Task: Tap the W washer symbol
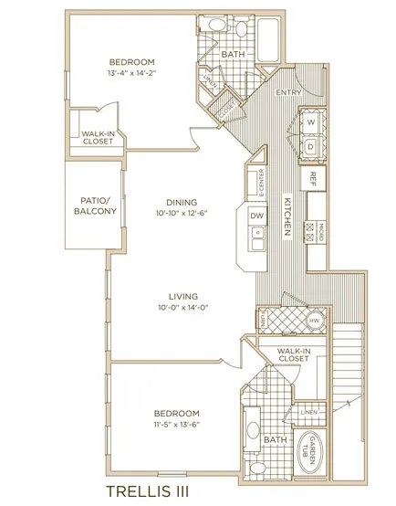[310, 121]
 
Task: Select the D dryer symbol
[310, 146]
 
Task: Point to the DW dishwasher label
[256, 216]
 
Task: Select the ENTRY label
[288, 91]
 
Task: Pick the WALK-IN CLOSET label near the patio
[97, 137]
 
